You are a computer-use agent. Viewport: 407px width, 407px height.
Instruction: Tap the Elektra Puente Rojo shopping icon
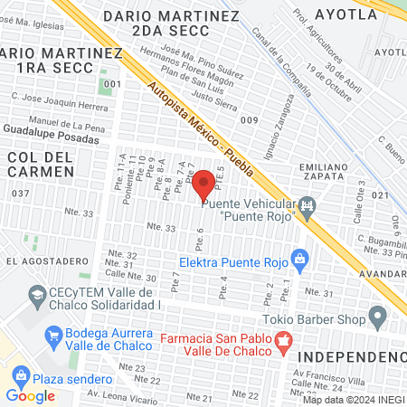pyautogui.click(x=302, y=261)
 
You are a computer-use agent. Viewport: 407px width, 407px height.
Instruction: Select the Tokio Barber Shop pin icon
pyautogui.click(x=378, y=318)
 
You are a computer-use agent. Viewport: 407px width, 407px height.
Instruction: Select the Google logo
pyautogui.click(x=30, y=395)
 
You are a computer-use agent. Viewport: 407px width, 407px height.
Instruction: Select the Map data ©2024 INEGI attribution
pyautogui.click(x=351, y=400)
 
